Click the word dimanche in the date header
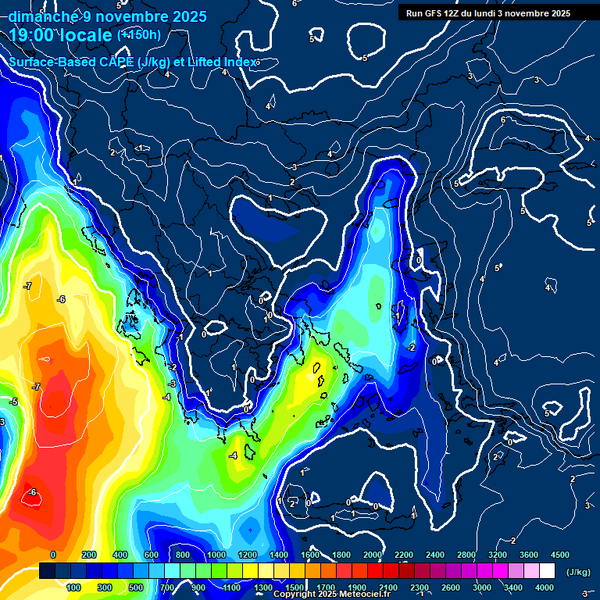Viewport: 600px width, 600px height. click(42, 16)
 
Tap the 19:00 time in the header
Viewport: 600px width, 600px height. click(34, 35)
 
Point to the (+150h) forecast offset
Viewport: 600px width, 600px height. click(139, 34)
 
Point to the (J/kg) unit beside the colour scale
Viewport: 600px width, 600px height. click(577, 572)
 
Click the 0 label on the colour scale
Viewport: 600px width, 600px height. click(53, 555)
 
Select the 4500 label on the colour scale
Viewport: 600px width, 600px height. click(559, 555)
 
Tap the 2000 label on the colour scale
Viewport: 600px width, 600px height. click(372, 555)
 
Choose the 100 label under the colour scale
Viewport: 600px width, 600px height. click(73, 587)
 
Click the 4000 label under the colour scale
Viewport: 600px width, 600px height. click(545, 587)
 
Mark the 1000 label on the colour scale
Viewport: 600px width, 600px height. click(216, 555)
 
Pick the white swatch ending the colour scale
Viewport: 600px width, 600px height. click(547, 572)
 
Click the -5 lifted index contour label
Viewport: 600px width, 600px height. click(12, 402)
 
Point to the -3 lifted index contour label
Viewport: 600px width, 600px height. click(172, 384)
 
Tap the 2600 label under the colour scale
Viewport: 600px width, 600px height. click(451, 587)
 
